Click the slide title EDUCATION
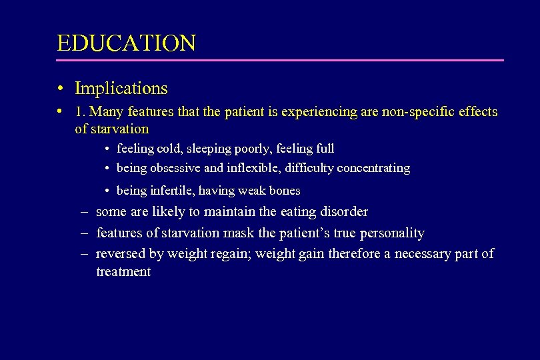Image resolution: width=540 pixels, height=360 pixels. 126,43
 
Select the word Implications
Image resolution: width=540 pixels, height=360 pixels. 121,88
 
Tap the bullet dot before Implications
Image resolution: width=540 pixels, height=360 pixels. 61,89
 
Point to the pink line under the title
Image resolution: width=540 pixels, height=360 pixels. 280,61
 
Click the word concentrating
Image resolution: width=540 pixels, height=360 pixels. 373,168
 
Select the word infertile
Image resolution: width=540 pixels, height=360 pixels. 179,191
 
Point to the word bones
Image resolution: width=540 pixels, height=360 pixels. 285,191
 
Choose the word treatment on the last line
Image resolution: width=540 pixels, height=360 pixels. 123,272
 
